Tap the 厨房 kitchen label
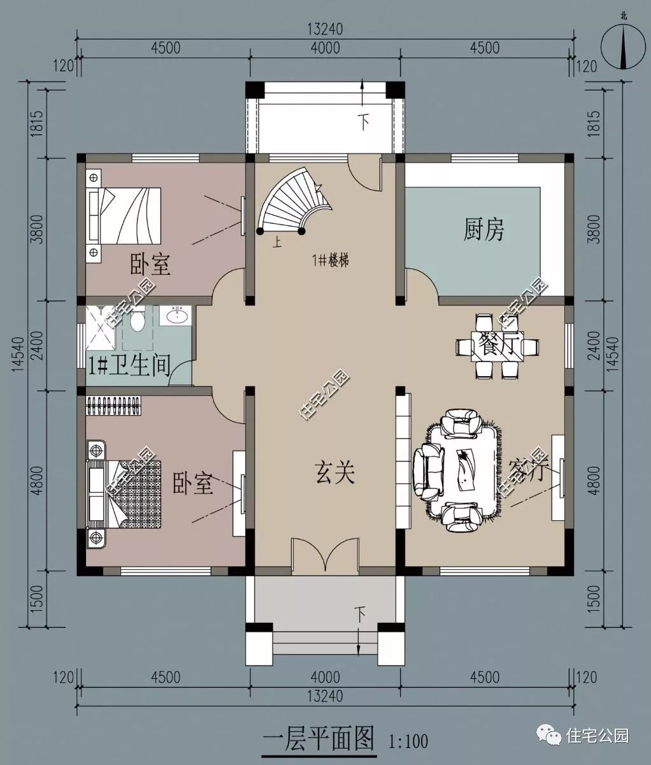pyautogui.click(x=483, y=229)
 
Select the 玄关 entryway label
pyautogui.click(x=334, y=473)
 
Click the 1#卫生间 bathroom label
pyautogui.click(x=129, y=366)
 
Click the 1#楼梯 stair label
pyautogui.click(x=329, y=260)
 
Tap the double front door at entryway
pyautogui.click(x=326, y=555)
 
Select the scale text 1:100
pyautogui.click(x=408, y=741)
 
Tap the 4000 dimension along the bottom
pyautogui.click(x=325, y=677)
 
